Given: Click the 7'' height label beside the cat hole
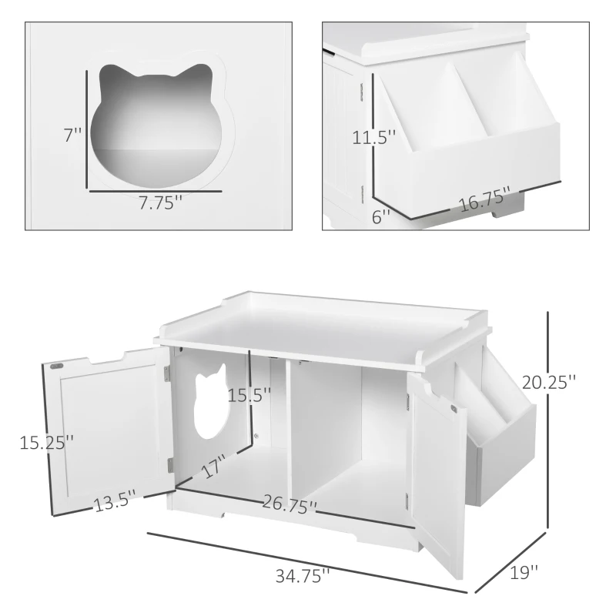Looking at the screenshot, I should click(72, 135).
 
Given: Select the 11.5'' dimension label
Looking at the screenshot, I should click(375, 139).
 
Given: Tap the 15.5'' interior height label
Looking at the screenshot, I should click(249, 396).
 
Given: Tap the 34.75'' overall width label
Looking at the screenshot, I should click(303, 574).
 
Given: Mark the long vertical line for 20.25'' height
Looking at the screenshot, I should click(547, 420).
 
